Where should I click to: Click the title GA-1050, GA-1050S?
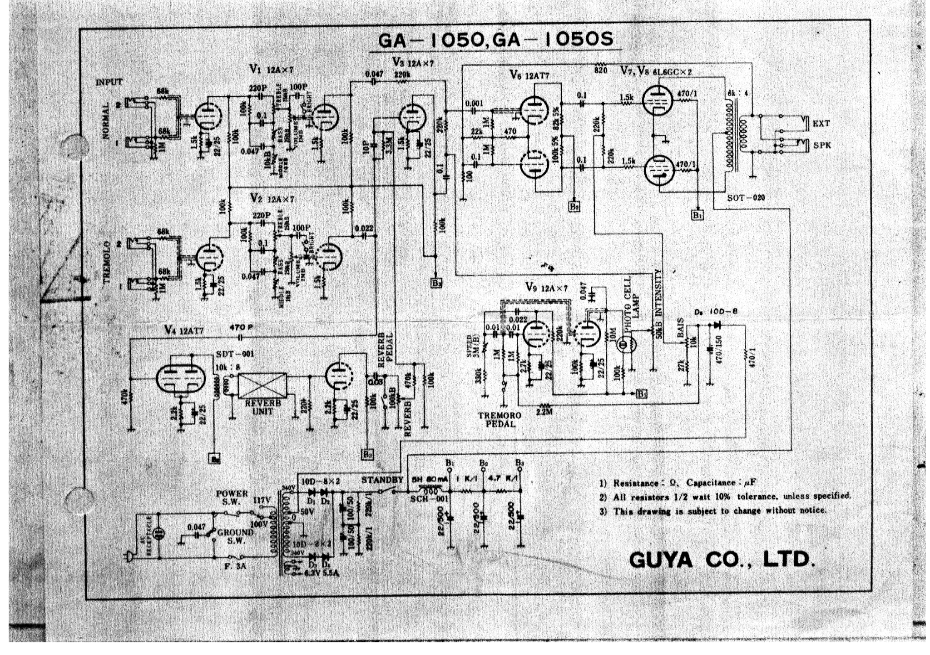[495, 40]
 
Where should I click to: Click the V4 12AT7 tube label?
[184, 331]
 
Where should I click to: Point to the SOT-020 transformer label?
[746, 198]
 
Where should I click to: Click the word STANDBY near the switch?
[382, 480]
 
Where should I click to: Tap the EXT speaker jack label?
[821, 123]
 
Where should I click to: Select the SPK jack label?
[821, 145]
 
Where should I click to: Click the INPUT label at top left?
[109, 82]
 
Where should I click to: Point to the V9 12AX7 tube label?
[546, 288]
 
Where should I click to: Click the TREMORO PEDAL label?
[500, 419]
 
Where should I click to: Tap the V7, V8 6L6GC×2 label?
[656, 71]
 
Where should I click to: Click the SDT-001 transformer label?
[234, 354]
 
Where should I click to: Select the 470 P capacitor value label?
[241, 327]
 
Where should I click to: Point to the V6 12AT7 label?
[529, 76]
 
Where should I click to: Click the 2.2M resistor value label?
[544, 412]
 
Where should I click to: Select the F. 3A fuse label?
[236, 566]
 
